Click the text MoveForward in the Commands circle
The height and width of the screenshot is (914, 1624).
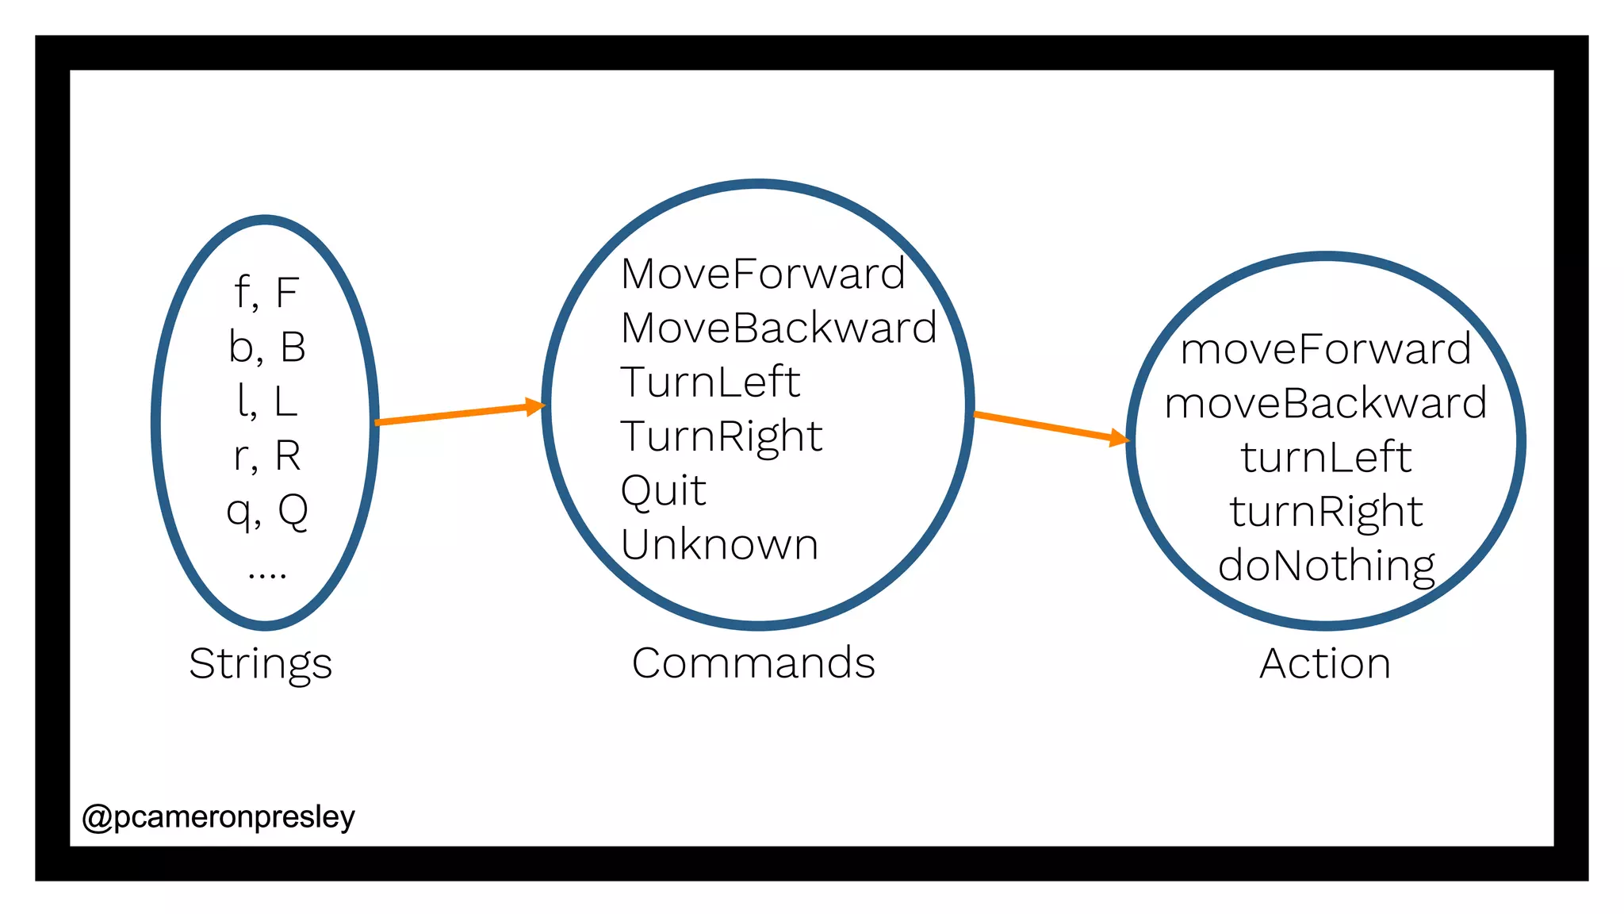762,275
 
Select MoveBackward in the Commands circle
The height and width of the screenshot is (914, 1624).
778,328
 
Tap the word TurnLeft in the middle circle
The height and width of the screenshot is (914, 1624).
710,382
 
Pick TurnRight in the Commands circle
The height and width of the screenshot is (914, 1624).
721,436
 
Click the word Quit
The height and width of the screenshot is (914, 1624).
663,490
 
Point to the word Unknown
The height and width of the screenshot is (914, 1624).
719,545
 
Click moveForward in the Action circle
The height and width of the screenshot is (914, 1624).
1325,350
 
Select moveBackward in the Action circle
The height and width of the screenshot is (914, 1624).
1325,404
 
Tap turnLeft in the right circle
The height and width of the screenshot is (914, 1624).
1326,458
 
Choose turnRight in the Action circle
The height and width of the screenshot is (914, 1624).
1326,512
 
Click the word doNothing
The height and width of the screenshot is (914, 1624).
1326,566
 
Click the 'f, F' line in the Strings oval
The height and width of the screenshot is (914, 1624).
266,293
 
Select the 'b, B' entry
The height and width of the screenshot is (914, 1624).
267,348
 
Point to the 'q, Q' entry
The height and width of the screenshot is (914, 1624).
267,511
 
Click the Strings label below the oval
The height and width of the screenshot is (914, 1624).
260,664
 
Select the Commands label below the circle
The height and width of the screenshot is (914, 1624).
753,663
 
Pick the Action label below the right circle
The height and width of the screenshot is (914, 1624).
1325,664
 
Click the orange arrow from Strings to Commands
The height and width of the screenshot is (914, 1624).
459,413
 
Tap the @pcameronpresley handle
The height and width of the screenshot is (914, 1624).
218,817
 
